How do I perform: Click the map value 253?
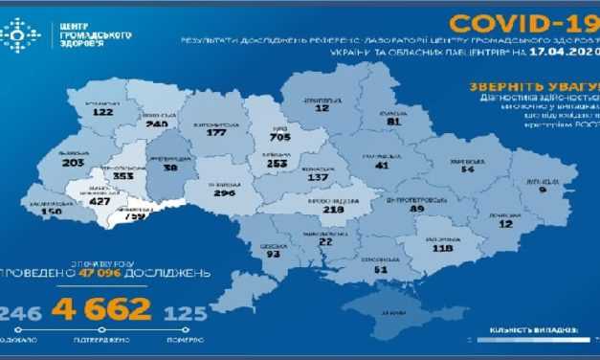coord(276,164)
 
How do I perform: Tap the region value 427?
coord(100,203)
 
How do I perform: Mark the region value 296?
coord(228,191)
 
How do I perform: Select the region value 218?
coord(334,211)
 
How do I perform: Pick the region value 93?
coord(274,254)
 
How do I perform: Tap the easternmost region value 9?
coord(544,191)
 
